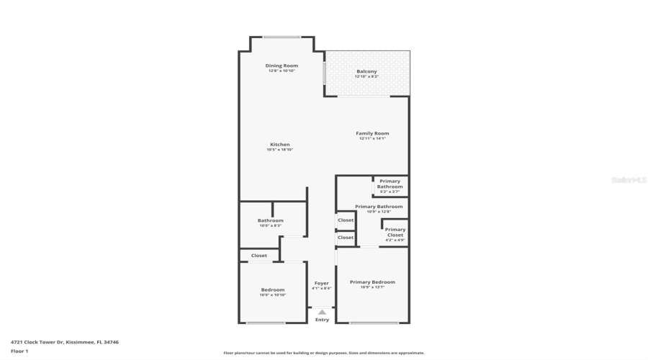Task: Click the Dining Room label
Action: (282, 66)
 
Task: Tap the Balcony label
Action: (366, 71)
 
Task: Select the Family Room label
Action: (372, 133)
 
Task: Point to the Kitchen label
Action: (280, 144)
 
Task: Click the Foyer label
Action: (321, 283)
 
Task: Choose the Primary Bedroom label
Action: (372, 282)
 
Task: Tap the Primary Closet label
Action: (395, 232)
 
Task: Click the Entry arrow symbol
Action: (322, 312)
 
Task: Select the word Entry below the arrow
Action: (322, 320)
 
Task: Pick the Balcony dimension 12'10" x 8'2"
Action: (366, 76)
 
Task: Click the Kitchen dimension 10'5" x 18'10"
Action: (280, 149)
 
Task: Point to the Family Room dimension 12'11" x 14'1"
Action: (372, 138)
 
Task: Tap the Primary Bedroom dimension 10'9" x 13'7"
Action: (372, 287)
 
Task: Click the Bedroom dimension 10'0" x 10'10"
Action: (273, 294)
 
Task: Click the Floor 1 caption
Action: (19, 351)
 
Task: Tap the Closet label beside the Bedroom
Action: (258, 256)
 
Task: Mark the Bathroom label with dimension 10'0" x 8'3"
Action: (271, 220)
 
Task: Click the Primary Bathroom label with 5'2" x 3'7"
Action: (390, 184)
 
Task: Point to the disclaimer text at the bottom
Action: (323, 353)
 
